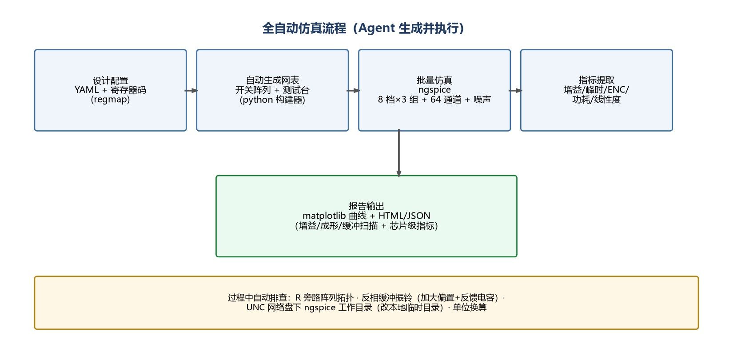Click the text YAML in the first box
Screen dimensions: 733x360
[x=86, y=90]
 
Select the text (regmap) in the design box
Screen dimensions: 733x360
[x=110, y=100]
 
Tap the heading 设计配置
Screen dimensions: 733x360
[x=110, y=80]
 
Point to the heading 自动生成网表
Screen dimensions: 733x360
[x=272, y=80]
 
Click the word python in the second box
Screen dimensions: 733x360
[x=257, y=100]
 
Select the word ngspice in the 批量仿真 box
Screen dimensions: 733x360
[x=434, y=90]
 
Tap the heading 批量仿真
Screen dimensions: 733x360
[x=434, y=80]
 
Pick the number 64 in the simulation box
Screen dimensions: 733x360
[x=435, y=100]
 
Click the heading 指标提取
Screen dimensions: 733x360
[x=596, y=80]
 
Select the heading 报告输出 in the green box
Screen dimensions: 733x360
[x=366, y=206]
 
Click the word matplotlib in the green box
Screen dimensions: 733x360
[x=324, y=216]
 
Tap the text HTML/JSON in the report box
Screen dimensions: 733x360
[x=404, y=216]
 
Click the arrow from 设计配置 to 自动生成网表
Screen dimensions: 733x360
[x=191, y=91]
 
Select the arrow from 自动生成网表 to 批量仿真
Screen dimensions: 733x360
[x=354, y=91]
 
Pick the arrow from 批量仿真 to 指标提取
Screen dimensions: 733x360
[x=515, y=91]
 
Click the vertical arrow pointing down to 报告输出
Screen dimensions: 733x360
[x=399, y=153]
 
